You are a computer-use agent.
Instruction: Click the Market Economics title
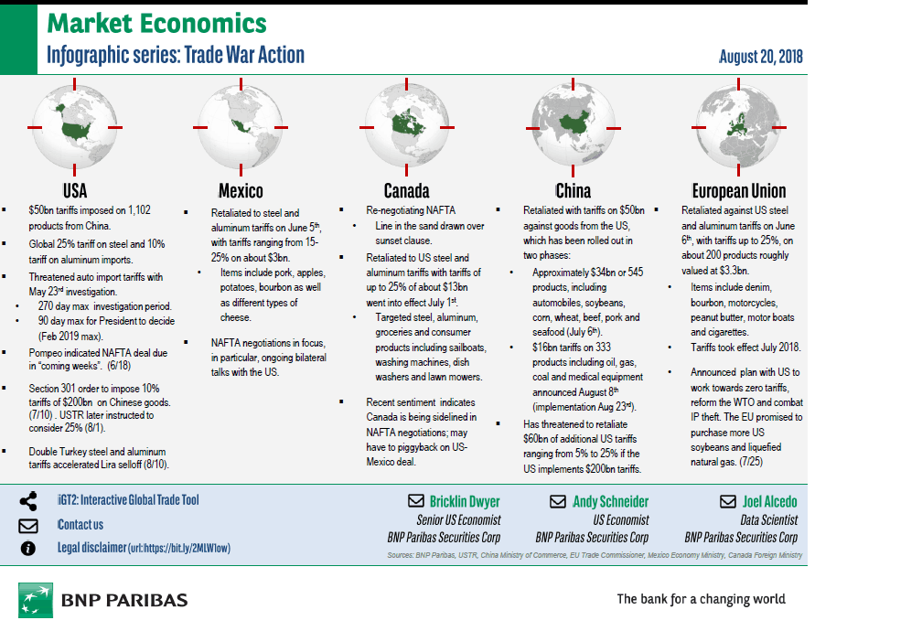tap(156, 25)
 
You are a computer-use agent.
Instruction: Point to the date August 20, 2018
tap(760, 57)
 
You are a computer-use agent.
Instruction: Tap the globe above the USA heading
tap(75, 125)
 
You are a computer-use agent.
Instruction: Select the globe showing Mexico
tap(240, 125)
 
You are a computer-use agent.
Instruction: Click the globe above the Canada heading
tap(405, 125)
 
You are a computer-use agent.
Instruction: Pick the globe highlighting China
tap(574, 125)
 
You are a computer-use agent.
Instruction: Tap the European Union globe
tap(738, 125)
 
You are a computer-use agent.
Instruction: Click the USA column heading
tap(75, 191)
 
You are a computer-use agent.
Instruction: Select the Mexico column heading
tap(241, 191)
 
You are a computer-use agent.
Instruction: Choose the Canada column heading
tap(406, 191)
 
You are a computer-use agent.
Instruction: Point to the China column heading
tap(574, 191)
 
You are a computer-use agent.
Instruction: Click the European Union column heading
tap(738, 191)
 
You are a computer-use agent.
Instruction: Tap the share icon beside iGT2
tap(28, 500)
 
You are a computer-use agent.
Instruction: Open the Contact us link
tap(80, 525)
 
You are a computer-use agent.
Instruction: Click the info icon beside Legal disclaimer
tap(28, 548)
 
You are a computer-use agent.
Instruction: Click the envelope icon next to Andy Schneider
tap(557, 501)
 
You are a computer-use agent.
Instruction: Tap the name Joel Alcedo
tap(769, 501)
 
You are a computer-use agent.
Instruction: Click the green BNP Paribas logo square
tap(35, 600)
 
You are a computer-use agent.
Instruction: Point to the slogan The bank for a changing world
tap(701, 599)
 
